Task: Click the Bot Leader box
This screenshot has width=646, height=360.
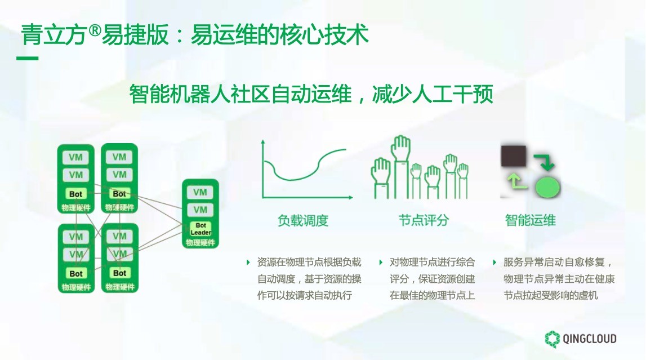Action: point(201,229)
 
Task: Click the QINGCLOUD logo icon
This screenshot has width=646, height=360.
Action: point(552,339)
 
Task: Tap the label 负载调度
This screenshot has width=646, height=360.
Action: point(303,220)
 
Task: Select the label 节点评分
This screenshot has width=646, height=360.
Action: point(424,220)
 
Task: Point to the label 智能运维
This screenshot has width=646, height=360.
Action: point(530,220)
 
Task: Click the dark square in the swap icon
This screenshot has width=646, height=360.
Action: point(513,155)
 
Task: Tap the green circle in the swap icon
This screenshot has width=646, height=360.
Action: point(547,188)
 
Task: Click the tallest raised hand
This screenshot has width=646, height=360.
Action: point(401,165)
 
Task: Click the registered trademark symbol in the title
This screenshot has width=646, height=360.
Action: point(95,30)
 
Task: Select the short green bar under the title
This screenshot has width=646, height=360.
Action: point(27,59)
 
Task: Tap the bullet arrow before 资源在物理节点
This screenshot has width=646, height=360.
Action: point(248,262)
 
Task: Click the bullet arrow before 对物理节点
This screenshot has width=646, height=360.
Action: point(381,262)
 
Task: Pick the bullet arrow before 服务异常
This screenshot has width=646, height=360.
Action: point(494,262)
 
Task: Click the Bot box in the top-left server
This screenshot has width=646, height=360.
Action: point(76,194)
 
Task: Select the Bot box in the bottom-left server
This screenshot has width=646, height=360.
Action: point(76,273)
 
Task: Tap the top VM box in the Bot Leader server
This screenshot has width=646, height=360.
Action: point(201,192)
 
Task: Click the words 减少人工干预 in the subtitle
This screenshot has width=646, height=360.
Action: point(433,94)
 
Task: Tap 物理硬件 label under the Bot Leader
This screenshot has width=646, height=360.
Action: point(201,243)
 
